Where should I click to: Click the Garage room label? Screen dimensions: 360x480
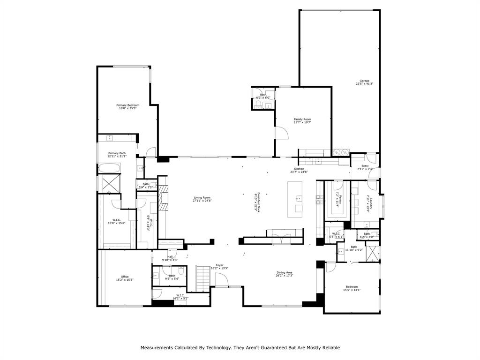(x=365, y=81)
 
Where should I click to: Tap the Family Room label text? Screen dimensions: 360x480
(x=302, y=119)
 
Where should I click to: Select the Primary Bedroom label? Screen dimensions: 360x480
(x=127, y=105)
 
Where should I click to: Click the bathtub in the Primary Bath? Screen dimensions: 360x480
(x=109, y=168)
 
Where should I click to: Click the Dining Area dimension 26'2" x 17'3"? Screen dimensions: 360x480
(x=285, y=276)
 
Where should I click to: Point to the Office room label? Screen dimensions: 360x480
(x=125, y=277)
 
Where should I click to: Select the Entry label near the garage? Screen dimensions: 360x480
(x=365, y=165)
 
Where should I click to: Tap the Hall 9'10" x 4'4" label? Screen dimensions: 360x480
(x=170, y=256)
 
